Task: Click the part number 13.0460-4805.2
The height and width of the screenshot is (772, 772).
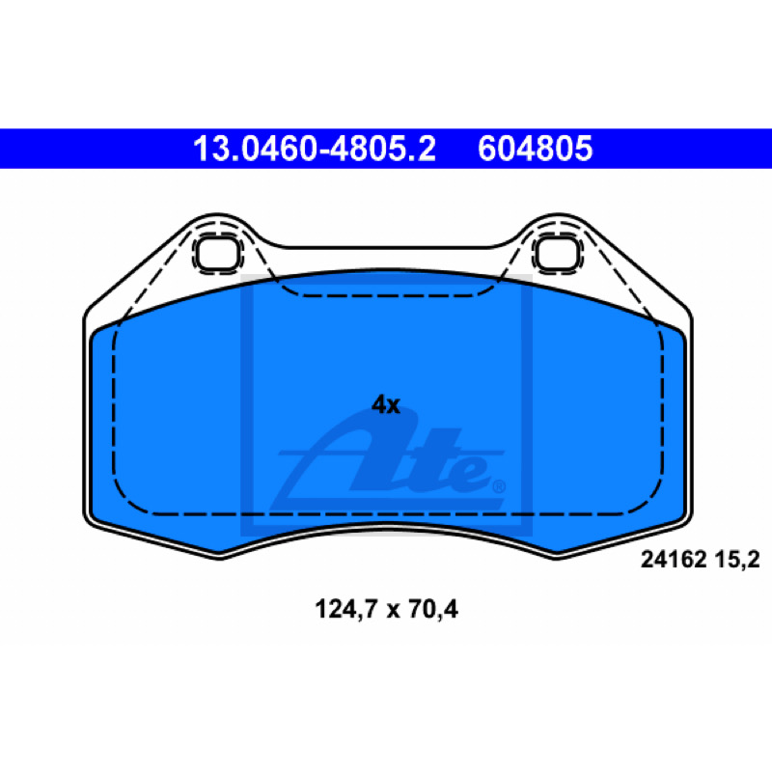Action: [x=315, y=149]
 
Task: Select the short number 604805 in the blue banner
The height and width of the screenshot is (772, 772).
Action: [x=535, y=149]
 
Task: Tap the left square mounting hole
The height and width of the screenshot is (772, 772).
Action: [x=218, y=253]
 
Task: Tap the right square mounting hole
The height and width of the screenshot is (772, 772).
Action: [x=557, y=253]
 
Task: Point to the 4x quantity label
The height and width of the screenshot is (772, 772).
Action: [x=385, y=404]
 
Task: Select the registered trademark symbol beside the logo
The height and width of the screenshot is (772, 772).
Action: [x=499, y=486]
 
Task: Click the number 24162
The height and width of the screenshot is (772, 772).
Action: [x=674, y=560]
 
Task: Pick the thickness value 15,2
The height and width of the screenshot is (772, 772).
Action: [x=737, y=560]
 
